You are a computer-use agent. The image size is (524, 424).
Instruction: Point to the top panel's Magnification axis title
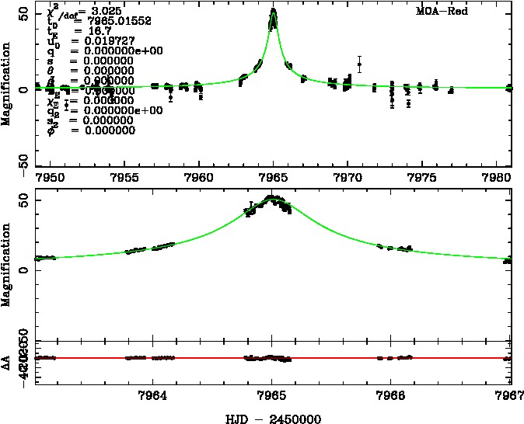point(6,89)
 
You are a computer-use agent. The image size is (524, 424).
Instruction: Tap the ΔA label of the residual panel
point(6,359)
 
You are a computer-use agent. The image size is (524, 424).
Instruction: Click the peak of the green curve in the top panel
point(274,10)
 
